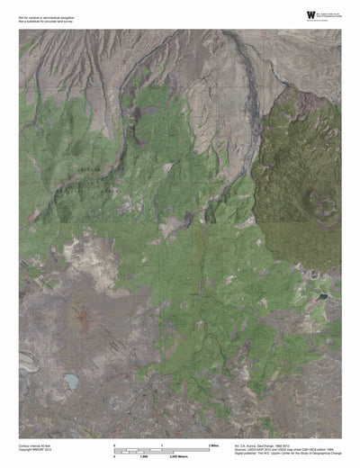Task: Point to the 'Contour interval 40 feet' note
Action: [38, 444]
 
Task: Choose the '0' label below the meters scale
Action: [114, 454]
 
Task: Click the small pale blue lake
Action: [71, 382]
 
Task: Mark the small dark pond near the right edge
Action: [322, 295]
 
